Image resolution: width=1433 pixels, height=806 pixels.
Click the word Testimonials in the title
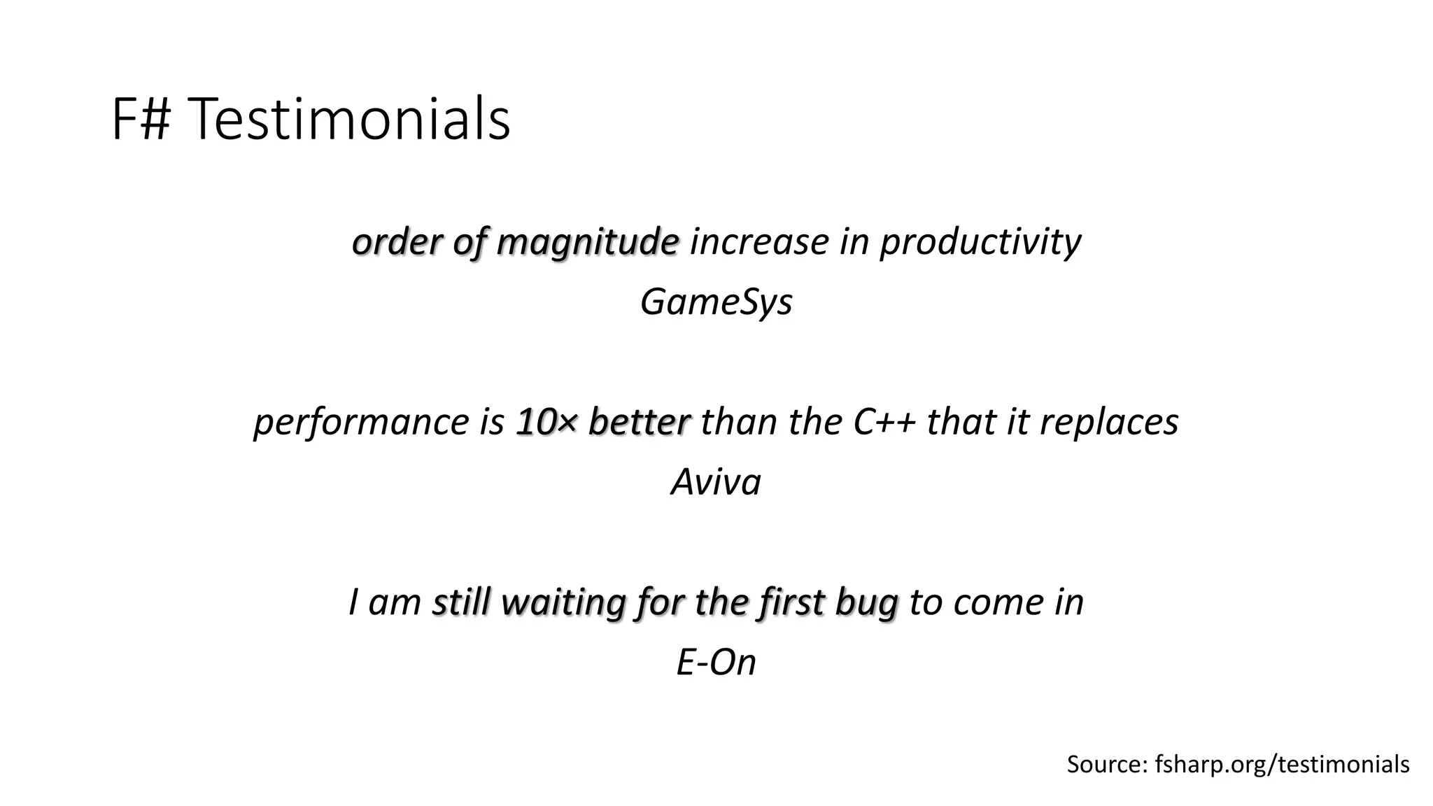(x=350, y=120)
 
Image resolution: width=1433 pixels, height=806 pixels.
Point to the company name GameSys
(x=716, y=302)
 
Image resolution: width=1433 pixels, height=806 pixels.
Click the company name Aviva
(x=716, y=482)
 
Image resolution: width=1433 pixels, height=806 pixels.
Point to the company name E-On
(x=716, y=662)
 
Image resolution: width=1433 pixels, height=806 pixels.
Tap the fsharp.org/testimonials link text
(x=1282, y=765)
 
